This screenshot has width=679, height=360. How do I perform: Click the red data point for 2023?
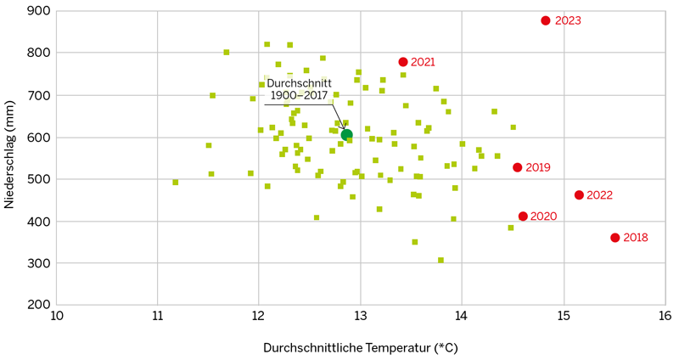546,20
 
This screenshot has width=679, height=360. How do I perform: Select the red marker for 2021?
403,62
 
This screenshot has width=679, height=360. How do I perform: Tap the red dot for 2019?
517,167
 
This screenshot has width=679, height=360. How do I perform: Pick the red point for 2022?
579,195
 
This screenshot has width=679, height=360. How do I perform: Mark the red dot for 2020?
523,217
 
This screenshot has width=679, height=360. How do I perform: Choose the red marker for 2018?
615,238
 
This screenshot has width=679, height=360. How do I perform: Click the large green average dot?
346,134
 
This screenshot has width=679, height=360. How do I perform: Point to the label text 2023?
568,20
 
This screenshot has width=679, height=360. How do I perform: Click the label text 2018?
636,238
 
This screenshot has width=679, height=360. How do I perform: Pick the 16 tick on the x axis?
665,317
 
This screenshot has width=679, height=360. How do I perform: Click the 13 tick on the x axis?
361,317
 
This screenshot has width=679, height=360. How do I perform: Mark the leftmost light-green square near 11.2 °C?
176,182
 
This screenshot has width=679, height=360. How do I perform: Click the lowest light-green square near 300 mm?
441,261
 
